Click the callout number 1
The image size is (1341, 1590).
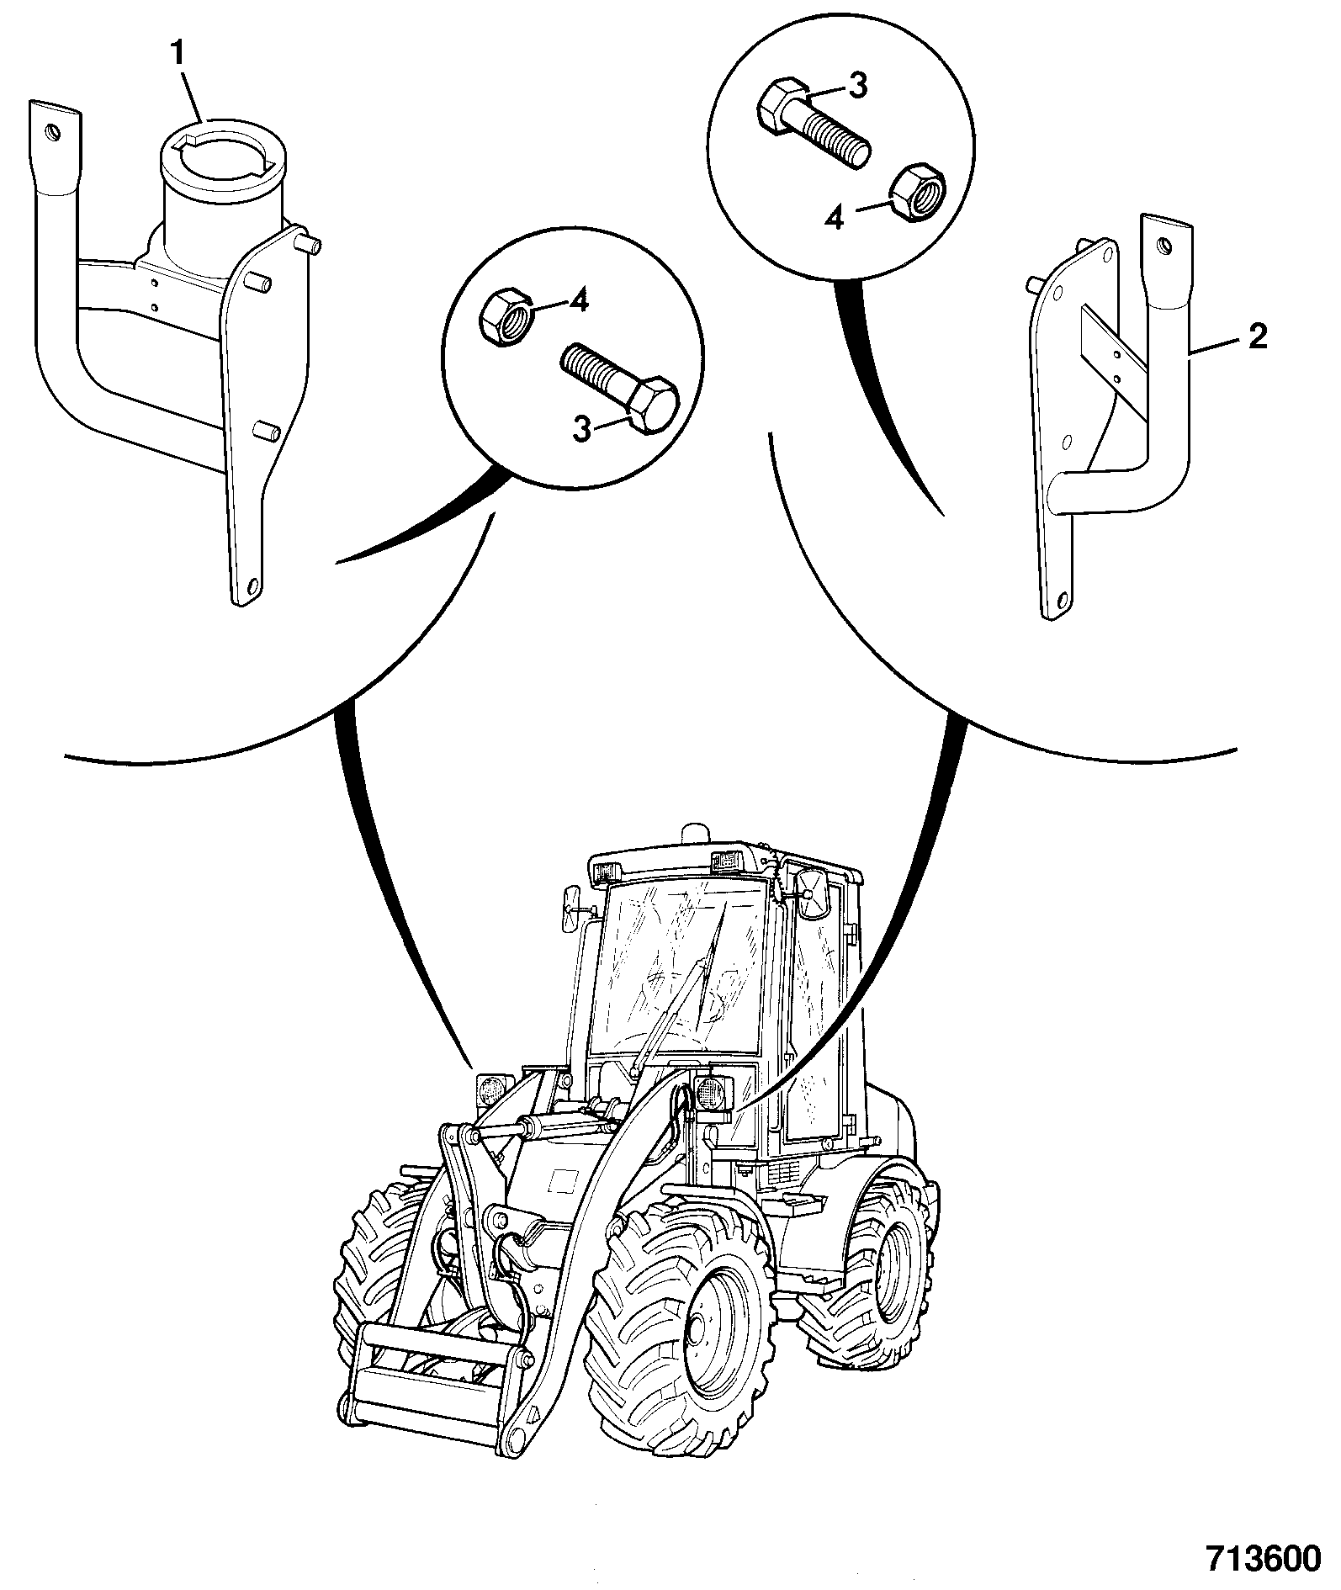click(178, 55)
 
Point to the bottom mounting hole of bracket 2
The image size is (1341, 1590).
click(1062, 598)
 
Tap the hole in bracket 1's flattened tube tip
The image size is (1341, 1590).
click(52, 133)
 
